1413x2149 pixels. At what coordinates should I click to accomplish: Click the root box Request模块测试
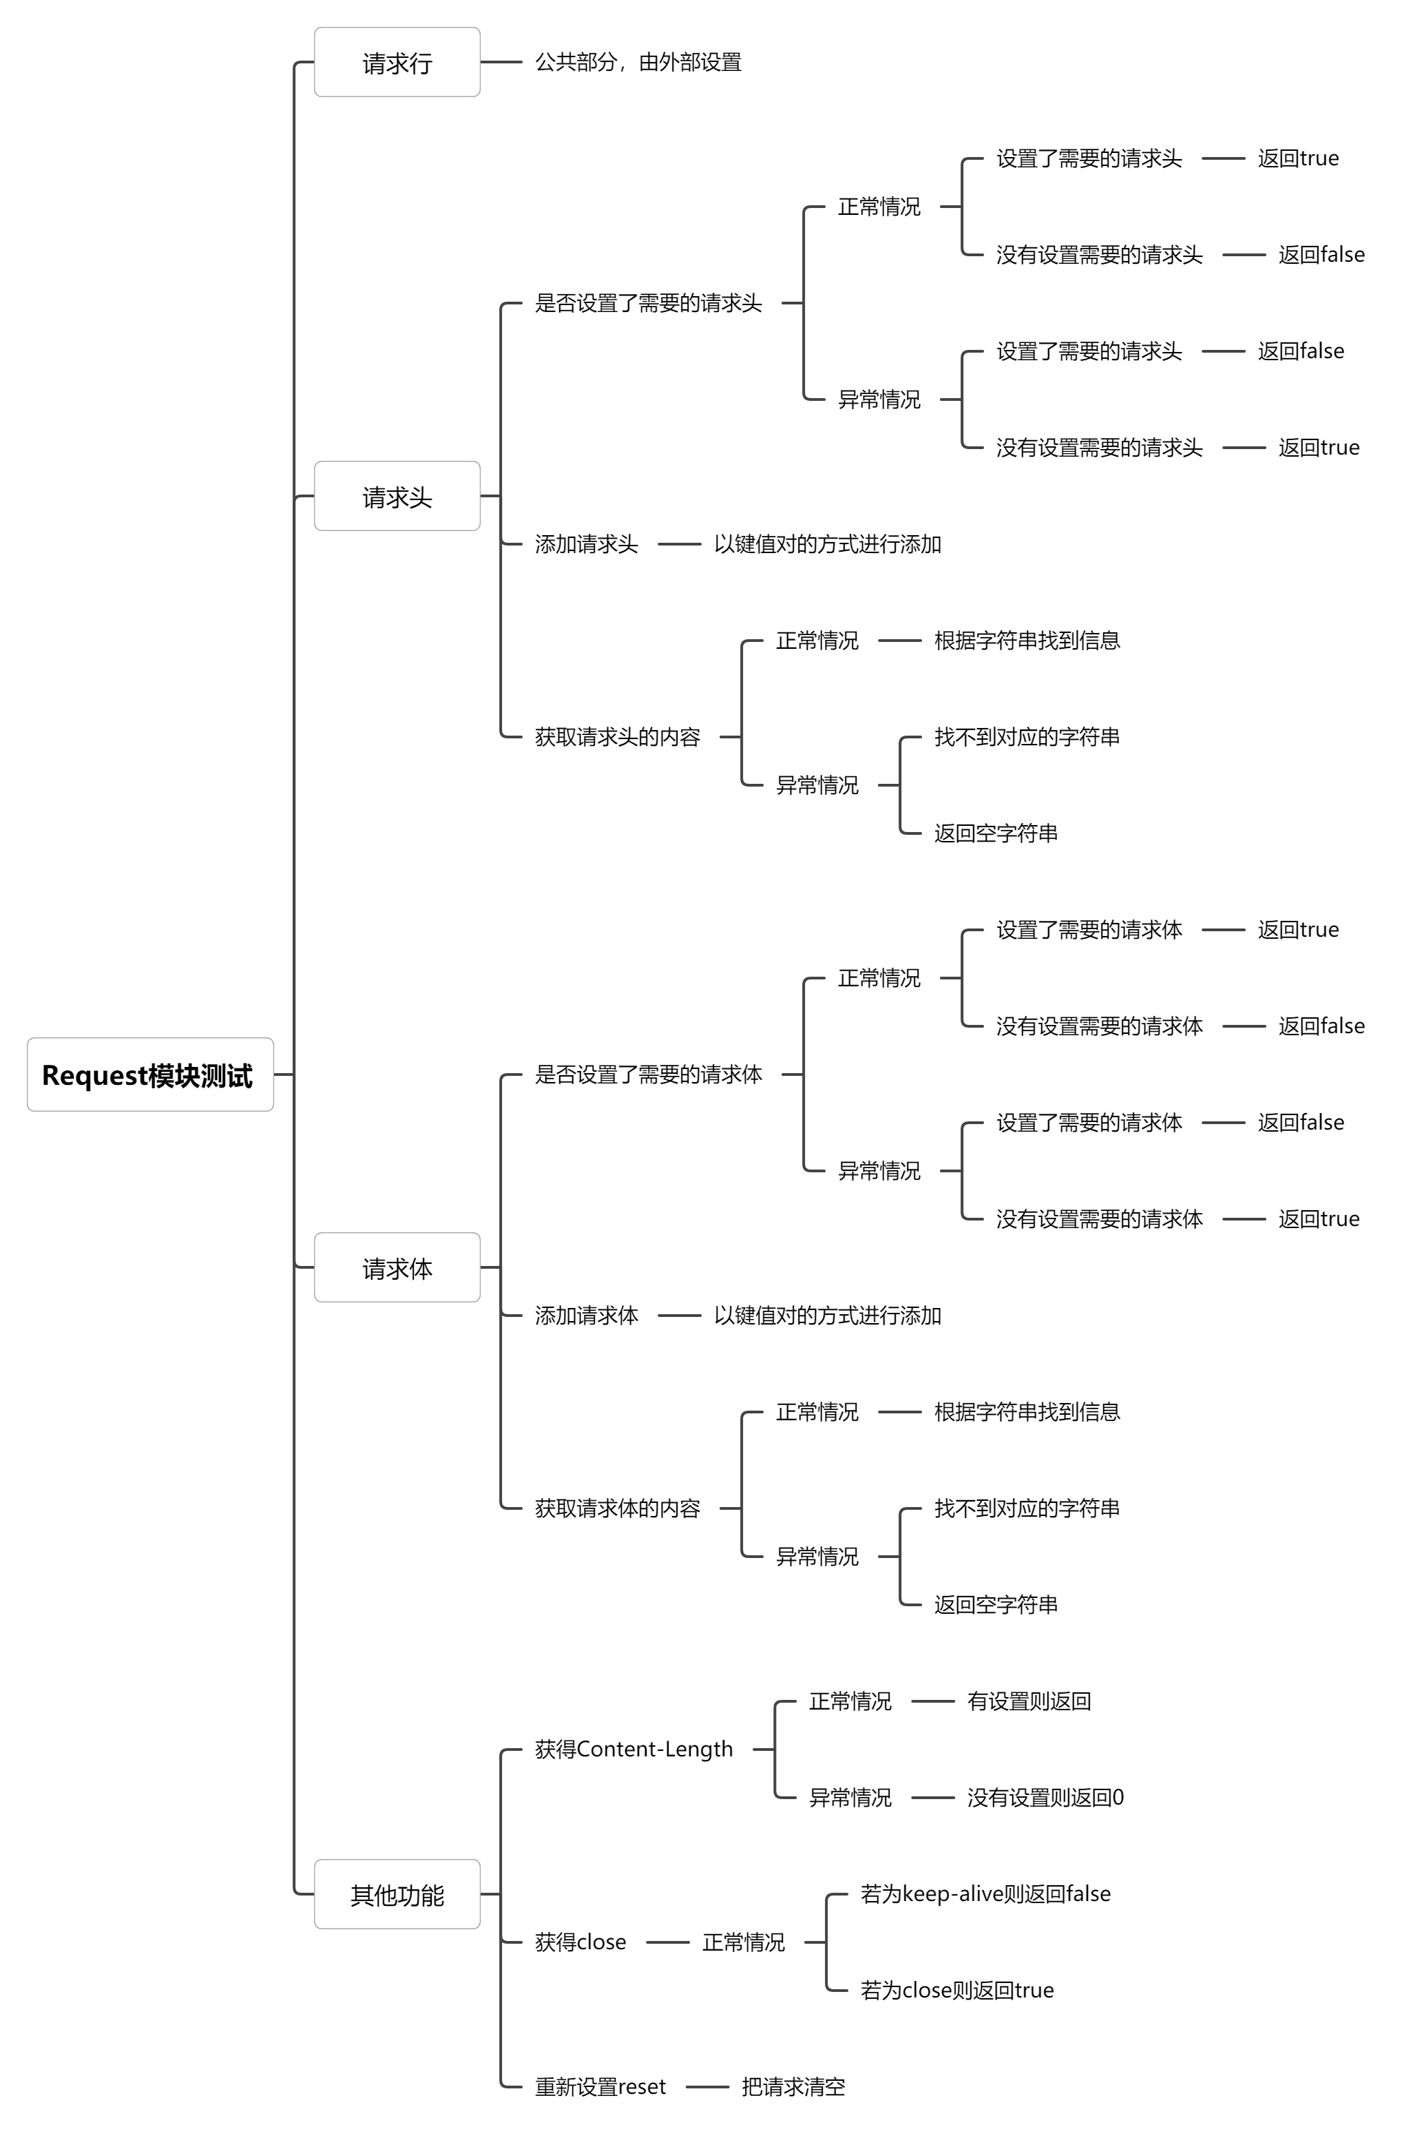150,1074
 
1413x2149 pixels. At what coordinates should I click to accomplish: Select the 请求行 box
397,62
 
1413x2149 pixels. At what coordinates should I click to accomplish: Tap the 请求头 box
397,496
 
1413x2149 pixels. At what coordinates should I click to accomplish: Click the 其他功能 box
397,1894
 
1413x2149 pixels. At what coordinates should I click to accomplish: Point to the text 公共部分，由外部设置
638,62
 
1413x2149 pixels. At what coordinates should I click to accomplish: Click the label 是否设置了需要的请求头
647,303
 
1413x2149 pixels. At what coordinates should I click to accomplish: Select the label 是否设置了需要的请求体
647,1074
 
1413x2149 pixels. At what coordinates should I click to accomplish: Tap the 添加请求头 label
586,544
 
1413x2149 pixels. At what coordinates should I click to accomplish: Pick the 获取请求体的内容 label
617,1508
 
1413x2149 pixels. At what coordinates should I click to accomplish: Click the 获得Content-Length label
633,1749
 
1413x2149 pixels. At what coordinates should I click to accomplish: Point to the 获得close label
580,1942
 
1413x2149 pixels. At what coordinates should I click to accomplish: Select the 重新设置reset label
600,2087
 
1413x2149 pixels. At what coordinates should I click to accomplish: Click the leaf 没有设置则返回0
1045,1798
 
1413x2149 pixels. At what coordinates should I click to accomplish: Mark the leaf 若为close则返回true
956,1990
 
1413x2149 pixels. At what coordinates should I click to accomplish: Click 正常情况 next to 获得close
743,1942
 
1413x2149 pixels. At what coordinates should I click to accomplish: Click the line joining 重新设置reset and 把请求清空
707,2087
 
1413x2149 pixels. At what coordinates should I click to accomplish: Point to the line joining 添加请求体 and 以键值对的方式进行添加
679,1316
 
